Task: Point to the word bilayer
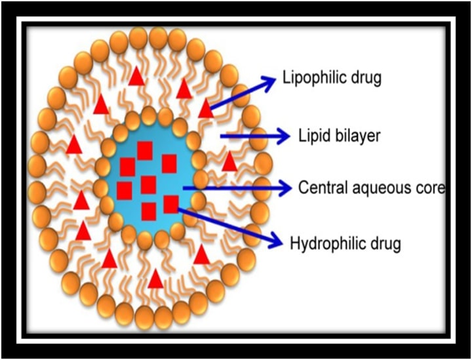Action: (355, 136)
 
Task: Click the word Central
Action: (320, 188)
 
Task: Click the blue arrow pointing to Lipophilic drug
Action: (243, 91)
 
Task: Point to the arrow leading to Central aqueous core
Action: (236, 188)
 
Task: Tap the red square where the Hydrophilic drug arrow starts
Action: (171, 205)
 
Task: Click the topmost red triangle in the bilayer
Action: (136, 77)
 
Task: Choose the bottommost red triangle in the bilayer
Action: (155, 279)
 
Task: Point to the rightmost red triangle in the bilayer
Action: (229, 161)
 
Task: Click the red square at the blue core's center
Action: (149, 185)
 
